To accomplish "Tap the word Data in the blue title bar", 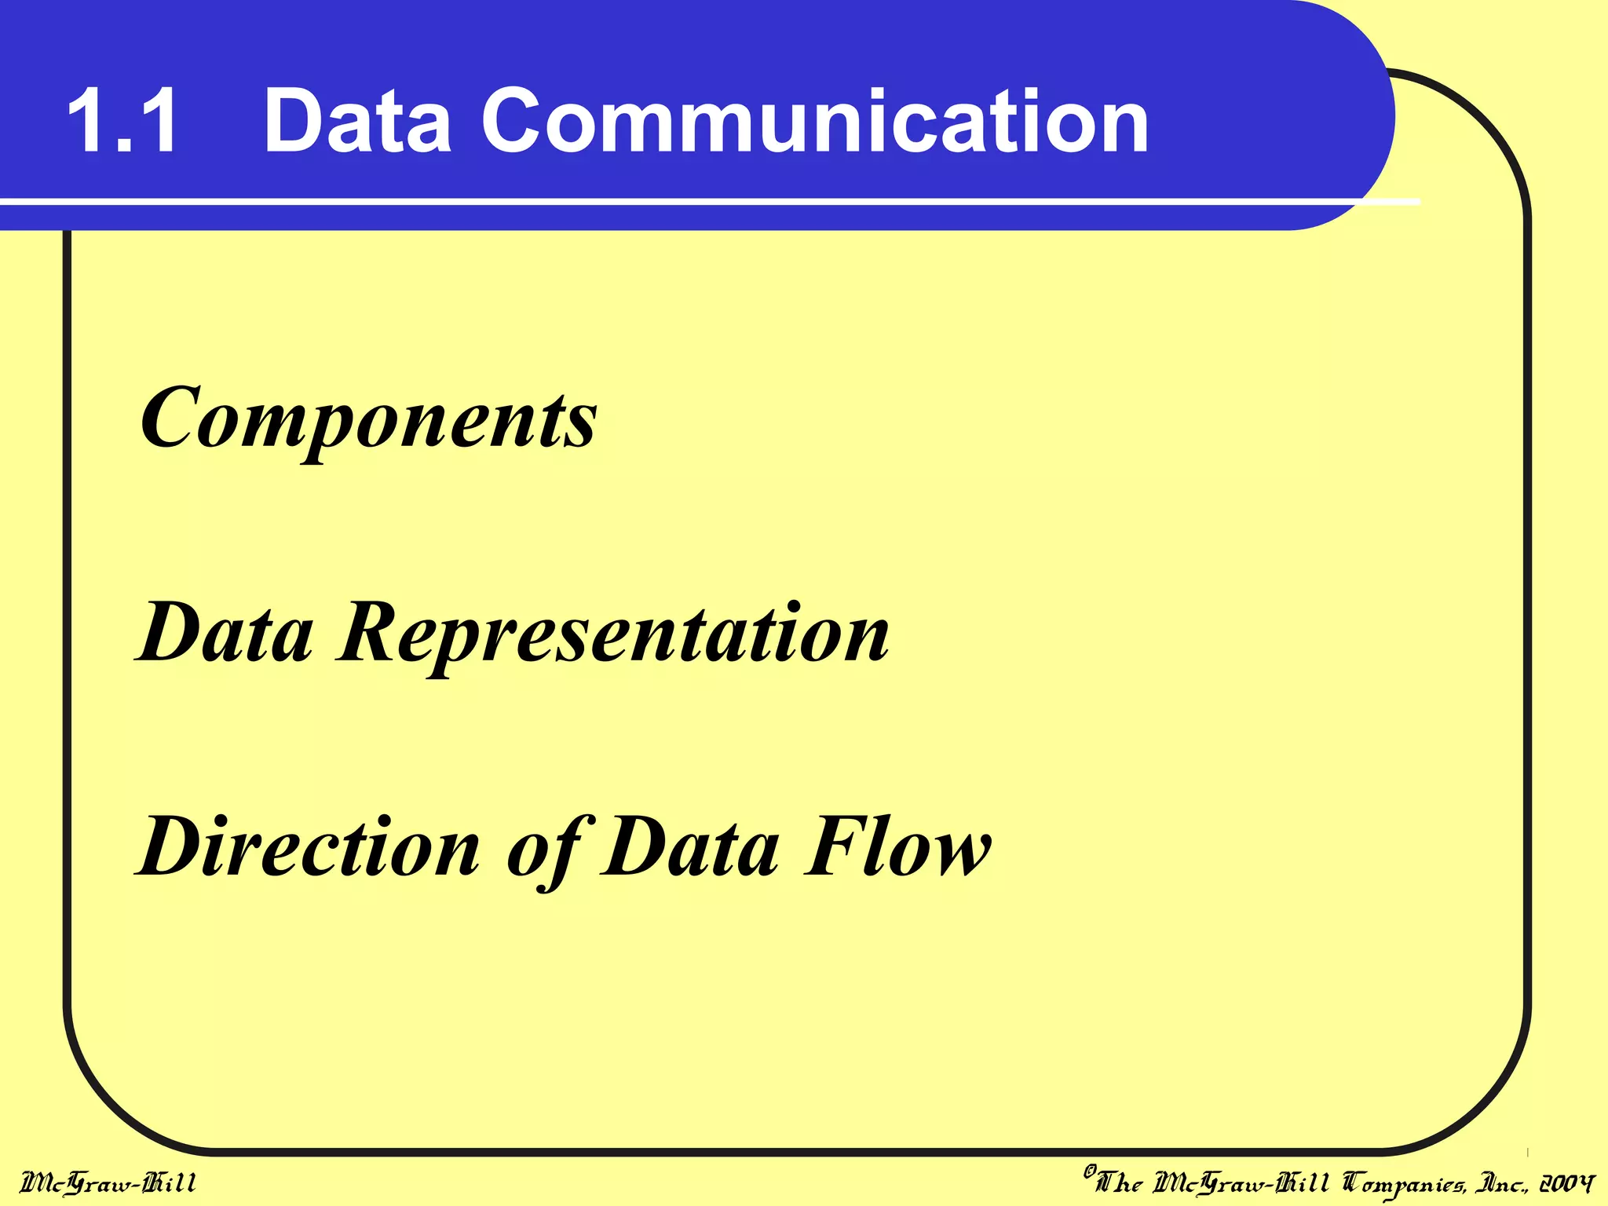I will [x=357, y=122].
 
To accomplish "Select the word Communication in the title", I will [x=814, y=122].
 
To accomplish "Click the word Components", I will [x=368, y=420].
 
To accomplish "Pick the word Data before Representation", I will [x=225, y=633].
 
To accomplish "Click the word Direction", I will [x=309, y=848].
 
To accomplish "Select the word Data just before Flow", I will [x=691, y=848].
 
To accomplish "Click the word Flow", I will [x=897, y=848].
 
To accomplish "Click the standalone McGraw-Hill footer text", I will [x=108, y=1182].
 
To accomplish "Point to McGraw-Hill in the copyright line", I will [x=1241, y=1182].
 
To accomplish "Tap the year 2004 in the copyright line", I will [x=1566, y=1182].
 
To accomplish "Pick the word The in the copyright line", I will [x=1120, y=1182].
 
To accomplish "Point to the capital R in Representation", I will [x=372, y=633].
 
